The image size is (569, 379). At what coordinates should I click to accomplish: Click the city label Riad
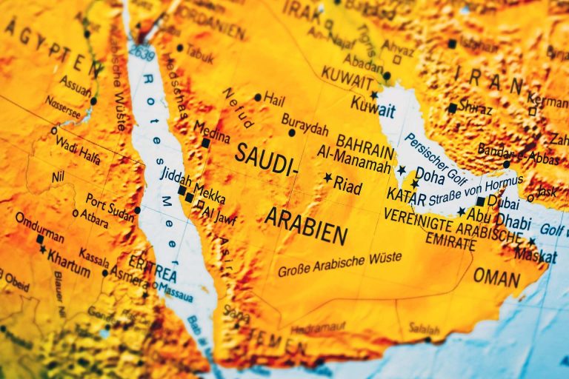pos(347,185)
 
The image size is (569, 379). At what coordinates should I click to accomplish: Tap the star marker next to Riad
pos(328,178)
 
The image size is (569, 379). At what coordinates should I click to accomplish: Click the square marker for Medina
pos(205,143)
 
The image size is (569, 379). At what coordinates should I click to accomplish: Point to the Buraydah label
pos(305,124)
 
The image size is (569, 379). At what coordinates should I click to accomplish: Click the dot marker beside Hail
pos(257,97)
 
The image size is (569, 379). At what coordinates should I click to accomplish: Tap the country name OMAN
pos(496,278)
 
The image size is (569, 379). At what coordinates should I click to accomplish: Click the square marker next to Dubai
pos(481,201)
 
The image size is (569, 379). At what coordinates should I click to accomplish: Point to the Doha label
pos(430,175)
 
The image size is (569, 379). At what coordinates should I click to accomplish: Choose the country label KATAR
pos(407,198)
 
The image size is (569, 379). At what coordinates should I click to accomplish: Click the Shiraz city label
pos(475,109)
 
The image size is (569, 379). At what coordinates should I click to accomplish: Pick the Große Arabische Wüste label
pos(340,264)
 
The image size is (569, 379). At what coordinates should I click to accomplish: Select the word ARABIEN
pos(306,226)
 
